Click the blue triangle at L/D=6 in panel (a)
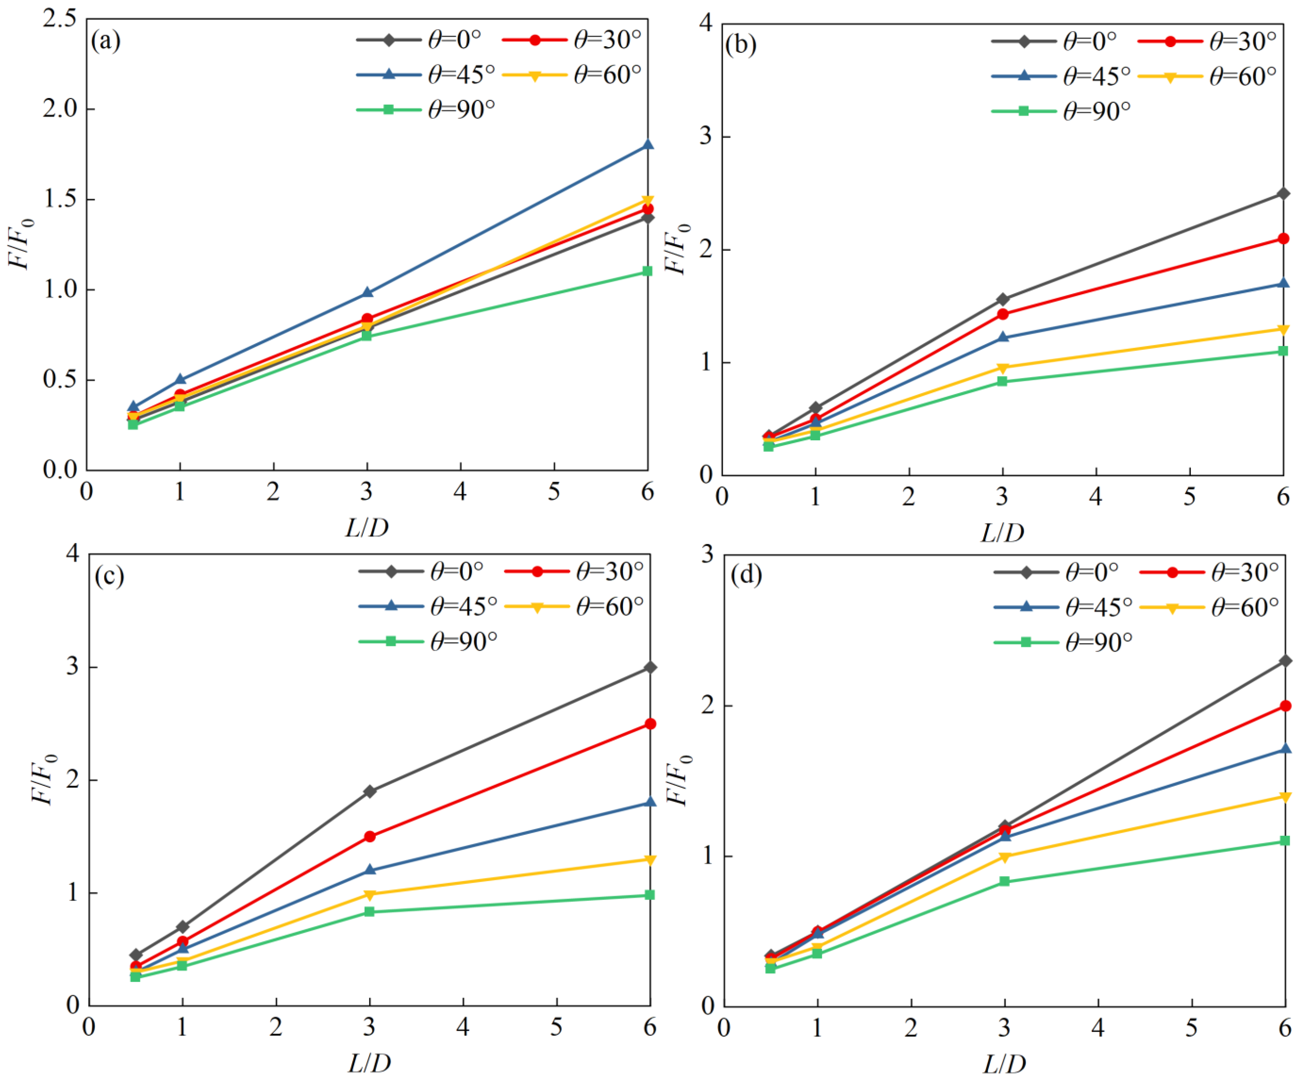point(647,144)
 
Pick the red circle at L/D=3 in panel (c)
point(370,836)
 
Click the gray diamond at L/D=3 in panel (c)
point(370,791)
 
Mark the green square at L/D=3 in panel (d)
point(1004,882)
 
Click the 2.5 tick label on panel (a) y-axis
point(60,19)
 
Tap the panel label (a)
point(106,41)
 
